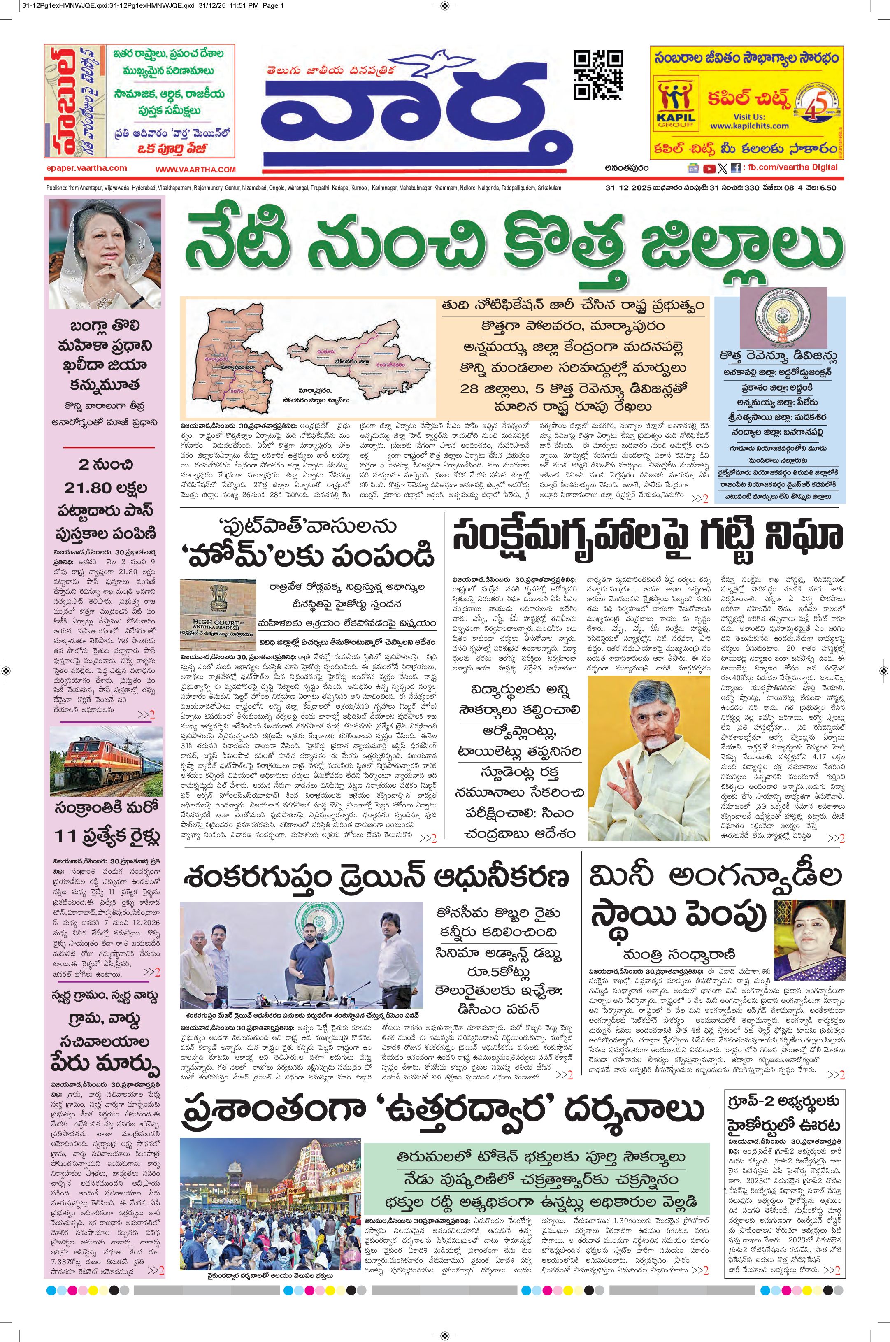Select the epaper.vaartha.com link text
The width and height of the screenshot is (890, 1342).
point(87,168)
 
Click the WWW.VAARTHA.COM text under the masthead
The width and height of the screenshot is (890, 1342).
point(195,169)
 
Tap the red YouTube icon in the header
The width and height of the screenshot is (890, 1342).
point(709,168)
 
